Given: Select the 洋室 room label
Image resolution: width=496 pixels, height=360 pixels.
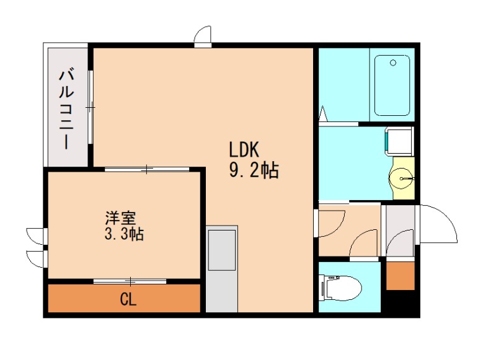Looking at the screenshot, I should point(120,219).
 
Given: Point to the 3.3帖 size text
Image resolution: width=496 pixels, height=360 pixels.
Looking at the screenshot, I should point(124,235).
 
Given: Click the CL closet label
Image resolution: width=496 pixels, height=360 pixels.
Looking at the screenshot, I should point(128,301).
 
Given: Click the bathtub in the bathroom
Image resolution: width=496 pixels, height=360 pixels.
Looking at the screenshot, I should point(392,86).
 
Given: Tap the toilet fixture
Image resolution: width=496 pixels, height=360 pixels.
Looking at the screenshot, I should point(339,288).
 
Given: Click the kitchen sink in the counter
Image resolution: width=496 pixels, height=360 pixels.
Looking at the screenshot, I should point(221,250).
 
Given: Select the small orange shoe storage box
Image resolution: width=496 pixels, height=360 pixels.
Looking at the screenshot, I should point(400,275).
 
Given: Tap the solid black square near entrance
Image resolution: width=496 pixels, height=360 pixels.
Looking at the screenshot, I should point(400,303).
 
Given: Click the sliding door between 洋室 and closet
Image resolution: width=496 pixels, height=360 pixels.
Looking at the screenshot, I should point(130,281).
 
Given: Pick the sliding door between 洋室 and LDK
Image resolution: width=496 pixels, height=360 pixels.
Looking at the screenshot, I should point(146,169).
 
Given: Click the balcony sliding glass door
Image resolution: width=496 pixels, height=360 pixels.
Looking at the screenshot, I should point(91,108).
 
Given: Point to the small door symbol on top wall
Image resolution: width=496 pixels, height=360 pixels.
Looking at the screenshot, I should point(203,37).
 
